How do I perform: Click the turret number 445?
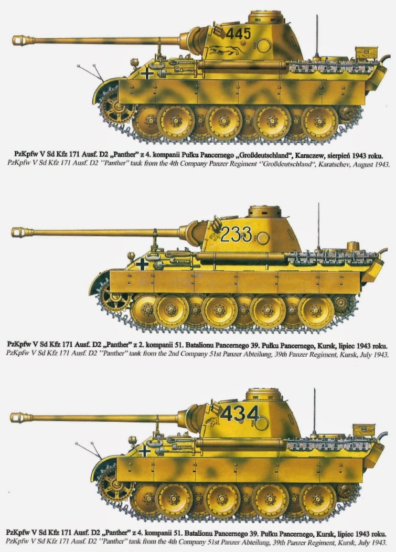pyautogui.click(x=238, y=34)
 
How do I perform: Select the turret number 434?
pyautogui.click(x=240, y=413)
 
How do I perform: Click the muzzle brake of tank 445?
pyautogui.click(x=24, y=40)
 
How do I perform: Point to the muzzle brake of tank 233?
pyautogui.click(x=22, y=232)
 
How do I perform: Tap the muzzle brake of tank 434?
pyautogui.click(x=21, y=418)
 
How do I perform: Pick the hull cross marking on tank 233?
pyautogui.click(x=142, y=264)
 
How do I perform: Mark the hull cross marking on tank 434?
pyautogui.click(x=144, y=451)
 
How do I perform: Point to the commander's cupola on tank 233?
pyautogui.click(x=265, y=211)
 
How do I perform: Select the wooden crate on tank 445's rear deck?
pyautogui.click(x=367, y=53)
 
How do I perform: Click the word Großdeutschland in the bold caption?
pyautogui.click(x=260, y=155)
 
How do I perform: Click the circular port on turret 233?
pyautogui.click(x=263, y=238)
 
